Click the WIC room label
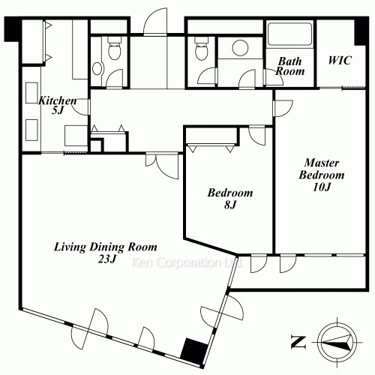[340, 60]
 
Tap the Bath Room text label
[290, 66]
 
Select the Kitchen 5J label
[58, 105]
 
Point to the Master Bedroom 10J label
[322, 175]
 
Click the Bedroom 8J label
[230, 199]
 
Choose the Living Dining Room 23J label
[106, 252]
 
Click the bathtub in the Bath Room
[289, 34]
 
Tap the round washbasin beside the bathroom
[240, 47]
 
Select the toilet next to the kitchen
[115, 48]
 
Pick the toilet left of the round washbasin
[201, 48]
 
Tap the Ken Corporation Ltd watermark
[187, 262]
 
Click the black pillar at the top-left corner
[13, 29]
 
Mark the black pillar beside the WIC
[361, 31]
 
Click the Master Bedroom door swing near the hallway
[284, 108]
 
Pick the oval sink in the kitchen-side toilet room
[97, 68]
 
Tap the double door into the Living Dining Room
[163, 166]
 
